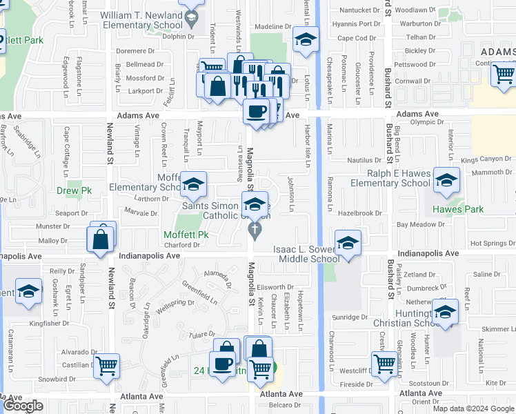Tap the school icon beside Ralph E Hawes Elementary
tap(447, 181)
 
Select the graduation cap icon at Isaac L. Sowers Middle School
tap(348, 242)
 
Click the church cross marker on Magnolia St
tap(255, 230)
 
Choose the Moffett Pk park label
tap(186, 235)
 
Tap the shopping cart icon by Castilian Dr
tap(106, 366)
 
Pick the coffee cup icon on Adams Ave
tap(256, 110)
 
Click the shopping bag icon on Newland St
tap(101, 239)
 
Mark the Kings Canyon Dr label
tap(486, 159)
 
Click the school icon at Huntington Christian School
tap(445, 311)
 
